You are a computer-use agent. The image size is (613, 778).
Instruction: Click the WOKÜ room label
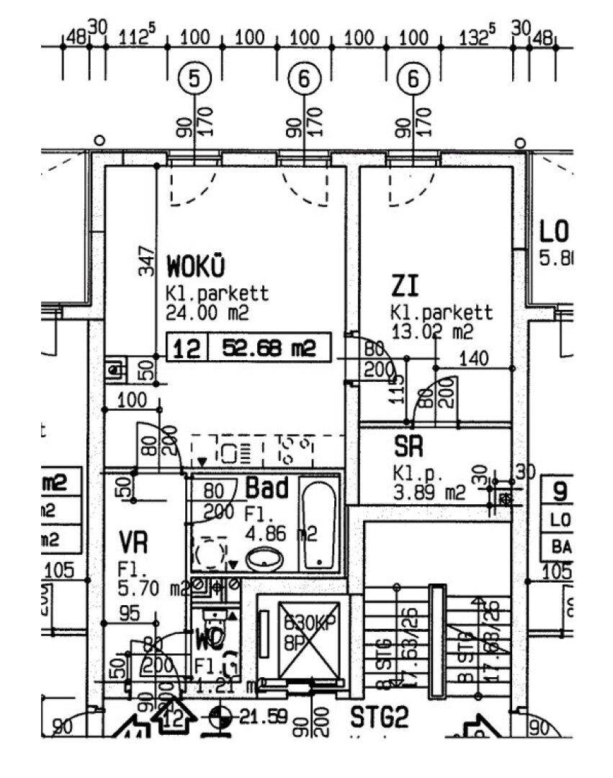196,267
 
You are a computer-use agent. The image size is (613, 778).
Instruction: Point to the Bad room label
267,488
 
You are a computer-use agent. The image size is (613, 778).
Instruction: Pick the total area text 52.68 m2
269,349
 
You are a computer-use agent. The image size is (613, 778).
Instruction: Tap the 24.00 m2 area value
207,313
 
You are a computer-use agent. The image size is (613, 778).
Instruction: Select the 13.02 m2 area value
431,331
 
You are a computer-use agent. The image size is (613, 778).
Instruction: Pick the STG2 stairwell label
380,717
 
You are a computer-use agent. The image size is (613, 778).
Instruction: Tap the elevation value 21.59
263,717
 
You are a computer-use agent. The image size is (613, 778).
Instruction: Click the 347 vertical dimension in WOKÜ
148,261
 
